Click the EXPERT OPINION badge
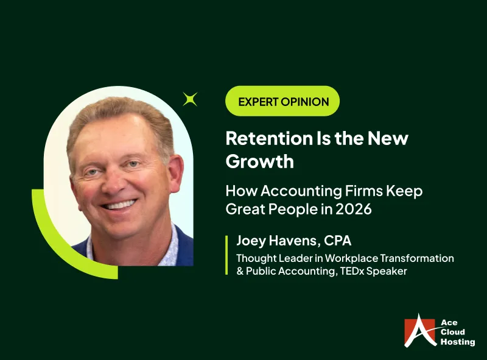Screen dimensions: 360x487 coord(282,102)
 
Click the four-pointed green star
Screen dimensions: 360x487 coord(191,99)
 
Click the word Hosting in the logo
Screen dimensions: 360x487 coord(458,342)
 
